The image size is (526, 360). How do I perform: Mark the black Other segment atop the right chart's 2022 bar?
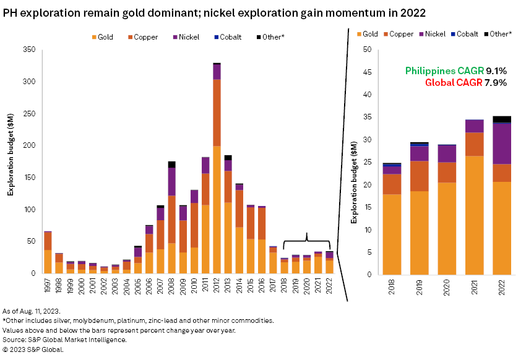click(502, 119)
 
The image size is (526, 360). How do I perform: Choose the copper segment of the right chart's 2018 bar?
click(392, 184)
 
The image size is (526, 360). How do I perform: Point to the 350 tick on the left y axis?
click(30, 49)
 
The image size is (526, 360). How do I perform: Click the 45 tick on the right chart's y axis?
click(367, 72)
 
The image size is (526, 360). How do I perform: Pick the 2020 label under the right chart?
click(447, 289)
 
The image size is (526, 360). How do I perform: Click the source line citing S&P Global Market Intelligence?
click(64, 340)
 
